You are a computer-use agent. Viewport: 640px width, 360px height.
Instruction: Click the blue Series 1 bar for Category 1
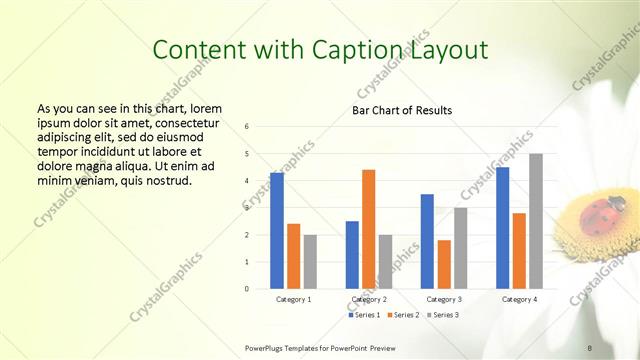(277, 231)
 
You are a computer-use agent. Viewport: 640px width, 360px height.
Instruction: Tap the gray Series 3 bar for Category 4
(536, 221)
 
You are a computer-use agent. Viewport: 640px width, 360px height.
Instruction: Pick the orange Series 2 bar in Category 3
(444, 264)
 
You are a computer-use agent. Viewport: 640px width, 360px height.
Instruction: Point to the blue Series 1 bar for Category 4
(503, 228)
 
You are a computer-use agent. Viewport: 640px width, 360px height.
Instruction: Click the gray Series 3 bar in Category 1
(310, 261)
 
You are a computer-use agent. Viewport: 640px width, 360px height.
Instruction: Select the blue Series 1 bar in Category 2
(352, 254)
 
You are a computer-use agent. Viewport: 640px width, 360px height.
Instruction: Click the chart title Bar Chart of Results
(402, 110)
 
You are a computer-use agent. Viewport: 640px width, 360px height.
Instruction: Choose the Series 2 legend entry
(402, 315)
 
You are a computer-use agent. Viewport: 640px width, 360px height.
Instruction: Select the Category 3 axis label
(443, 299)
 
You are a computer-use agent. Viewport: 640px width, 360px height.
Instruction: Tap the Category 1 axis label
(293, 299)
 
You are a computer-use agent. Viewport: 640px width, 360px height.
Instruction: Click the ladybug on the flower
(597, 212)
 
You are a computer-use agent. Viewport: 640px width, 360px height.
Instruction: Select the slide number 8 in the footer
(590, 347)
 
